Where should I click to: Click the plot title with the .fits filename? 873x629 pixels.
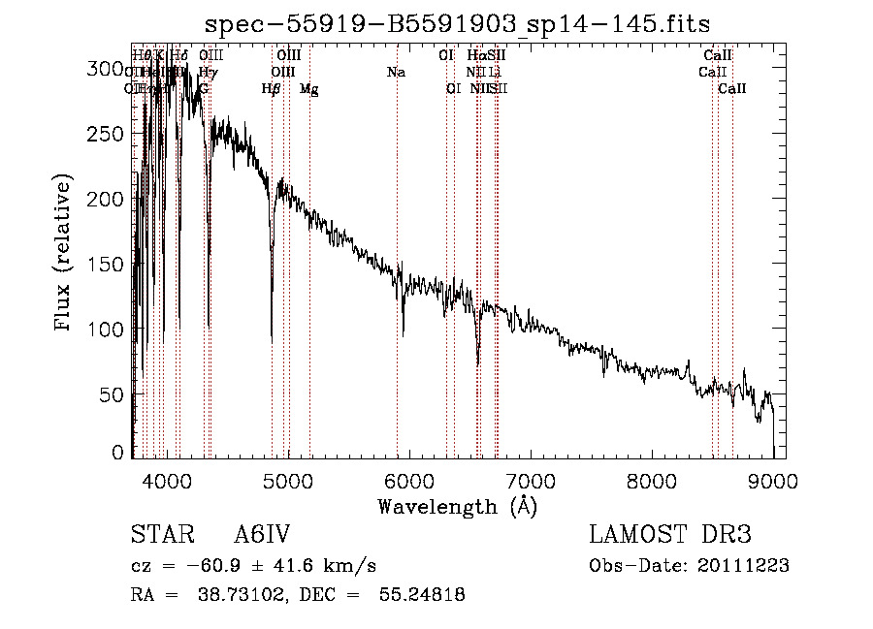(x=466, y=24)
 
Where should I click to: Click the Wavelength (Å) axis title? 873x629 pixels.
(x=457, y=506)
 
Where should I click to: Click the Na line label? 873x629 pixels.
(x=396, y=72)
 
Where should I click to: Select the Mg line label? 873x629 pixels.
(x=308, y=89)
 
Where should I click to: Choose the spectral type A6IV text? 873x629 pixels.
(x=262, y=535)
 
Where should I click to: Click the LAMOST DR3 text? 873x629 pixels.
(x=670, y=535)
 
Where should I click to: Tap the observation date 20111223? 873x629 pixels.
(x=743, y=566)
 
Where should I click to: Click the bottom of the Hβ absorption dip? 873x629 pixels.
(x=272, y=341)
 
